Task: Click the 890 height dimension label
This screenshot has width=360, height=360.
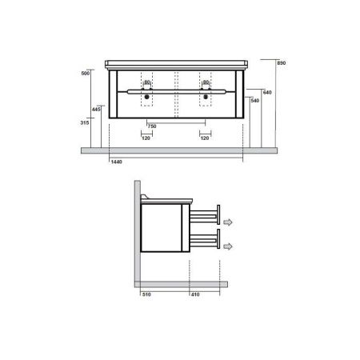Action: pyautogui.click(x=282, y=63)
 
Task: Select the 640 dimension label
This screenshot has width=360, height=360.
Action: pyautogui.click(x=267, y=93)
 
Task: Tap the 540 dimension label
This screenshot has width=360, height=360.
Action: pyautogui.click(x=255, y=101)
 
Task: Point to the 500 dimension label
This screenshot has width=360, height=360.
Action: pyautogui.click(x=86, y=74)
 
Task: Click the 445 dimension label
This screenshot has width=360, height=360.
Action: pyautogui.click(x=96, y=110)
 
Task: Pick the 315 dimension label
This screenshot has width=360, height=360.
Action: pyautogui.click(x=85, y=122)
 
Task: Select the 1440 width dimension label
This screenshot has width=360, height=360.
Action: pyautogui.click(x=116, y=162)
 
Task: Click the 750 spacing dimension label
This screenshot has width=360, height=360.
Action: pyautogui.click(x=152, y=126)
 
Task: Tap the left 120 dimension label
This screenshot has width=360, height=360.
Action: pyautogui.click(x=146, y=138)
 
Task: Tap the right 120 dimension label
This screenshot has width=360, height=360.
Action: pyautogui.click(x=205, y=138)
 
